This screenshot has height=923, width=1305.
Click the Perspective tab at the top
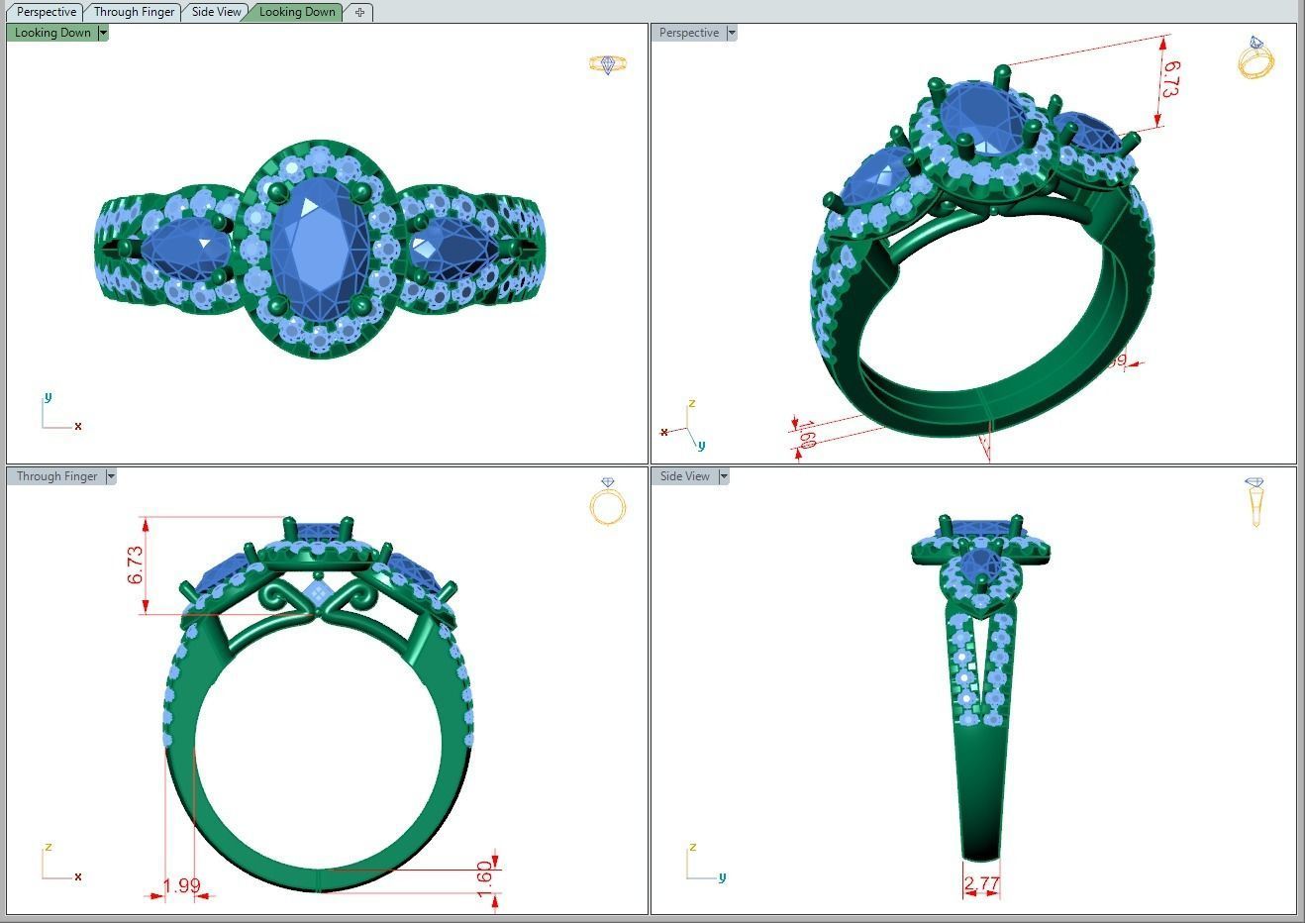click(47, 12)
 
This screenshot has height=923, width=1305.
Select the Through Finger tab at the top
click(134, 12)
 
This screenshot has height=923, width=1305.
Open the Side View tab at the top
click(216, 12)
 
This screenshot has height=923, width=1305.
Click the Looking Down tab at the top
click(297, 12)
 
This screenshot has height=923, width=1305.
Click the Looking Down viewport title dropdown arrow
click(103, 33)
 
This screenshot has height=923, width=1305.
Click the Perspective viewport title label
click(689, 33)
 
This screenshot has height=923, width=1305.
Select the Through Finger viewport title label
click(57, 476)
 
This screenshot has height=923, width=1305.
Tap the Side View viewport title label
click(685, 476)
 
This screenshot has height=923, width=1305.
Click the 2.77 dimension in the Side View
click(981, 883)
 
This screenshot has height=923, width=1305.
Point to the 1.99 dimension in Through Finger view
click(181, 886)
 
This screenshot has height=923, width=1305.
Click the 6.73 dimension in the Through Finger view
click(136, 564)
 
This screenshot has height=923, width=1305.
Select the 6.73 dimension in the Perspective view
click(1169, 79)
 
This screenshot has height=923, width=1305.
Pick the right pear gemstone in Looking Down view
click(453, 249)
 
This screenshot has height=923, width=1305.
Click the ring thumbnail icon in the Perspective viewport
click(1255, 57)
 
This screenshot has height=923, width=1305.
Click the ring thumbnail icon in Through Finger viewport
click(608, 502)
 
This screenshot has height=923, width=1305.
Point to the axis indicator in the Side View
click(704, 864)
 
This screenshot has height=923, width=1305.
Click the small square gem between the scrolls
click(318, 592)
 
